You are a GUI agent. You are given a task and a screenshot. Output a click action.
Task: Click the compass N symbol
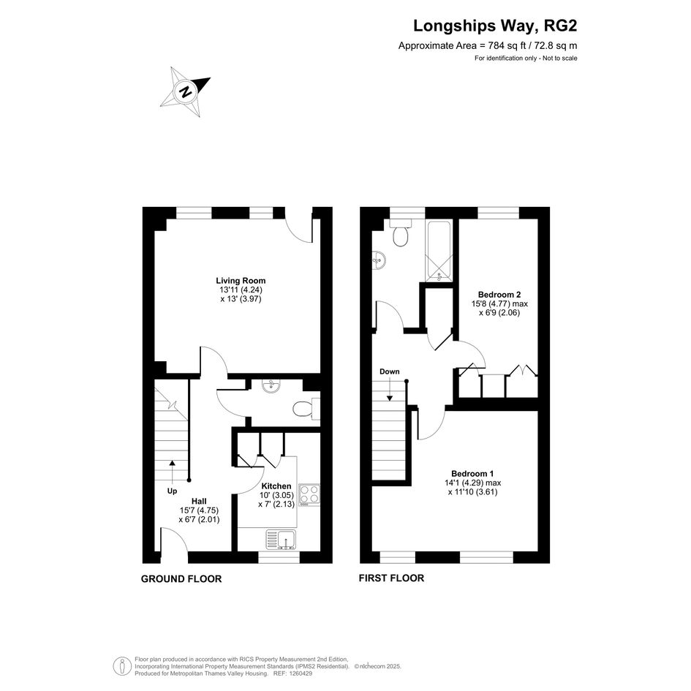tap(185, 92)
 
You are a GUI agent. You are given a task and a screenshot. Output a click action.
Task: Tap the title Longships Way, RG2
tap(495, 26)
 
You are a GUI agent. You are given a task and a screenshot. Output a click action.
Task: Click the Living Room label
tap(241, 281)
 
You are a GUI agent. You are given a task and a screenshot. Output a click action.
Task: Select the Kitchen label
tap(276, 486)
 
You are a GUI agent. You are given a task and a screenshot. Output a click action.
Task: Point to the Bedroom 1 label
tap(472, 474)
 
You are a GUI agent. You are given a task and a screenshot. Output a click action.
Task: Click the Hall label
tap(199, 501)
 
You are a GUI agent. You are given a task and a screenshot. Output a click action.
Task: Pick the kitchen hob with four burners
tap(309, 494)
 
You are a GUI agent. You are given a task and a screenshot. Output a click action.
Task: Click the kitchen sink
tap(282, 540)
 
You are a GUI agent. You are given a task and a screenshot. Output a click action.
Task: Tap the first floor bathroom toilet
tap(401, 233)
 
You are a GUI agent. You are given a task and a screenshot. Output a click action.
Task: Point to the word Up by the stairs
tap(172, 491)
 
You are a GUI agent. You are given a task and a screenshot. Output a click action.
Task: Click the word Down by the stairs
tap(390, 371)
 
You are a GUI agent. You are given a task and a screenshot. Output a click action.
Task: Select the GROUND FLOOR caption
tap(181, 578)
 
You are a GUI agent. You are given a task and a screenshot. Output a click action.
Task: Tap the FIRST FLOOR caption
tap(391, 578)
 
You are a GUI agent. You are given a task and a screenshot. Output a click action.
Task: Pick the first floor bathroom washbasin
tap(379, 260)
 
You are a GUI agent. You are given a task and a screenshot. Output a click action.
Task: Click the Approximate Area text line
tap(488, 45)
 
